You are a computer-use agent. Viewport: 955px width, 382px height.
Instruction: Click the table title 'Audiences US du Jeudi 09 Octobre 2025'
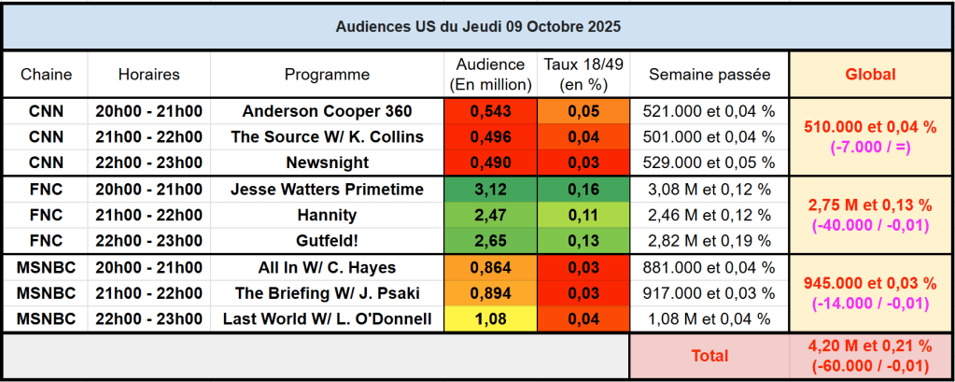[477, 26]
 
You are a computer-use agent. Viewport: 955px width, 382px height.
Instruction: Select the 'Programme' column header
[327, 75]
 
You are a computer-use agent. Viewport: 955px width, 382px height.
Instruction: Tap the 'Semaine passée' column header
[709, 75]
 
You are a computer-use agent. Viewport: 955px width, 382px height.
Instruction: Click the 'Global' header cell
[870, 75]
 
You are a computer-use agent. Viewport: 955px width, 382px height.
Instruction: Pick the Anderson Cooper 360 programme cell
[327, 111]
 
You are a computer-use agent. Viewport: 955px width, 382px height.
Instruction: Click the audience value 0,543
[491, 111]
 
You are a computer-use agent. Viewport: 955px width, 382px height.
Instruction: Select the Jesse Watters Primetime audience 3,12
[491, 190]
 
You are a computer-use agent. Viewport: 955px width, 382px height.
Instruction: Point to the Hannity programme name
[327, 216]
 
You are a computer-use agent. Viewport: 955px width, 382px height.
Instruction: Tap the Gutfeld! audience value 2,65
[491, 242]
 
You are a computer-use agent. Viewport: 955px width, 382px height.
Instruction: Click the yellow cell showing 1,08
[491, 319]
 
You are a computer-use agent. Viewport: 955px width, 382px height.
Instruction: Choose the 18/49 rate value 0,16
[583, 190]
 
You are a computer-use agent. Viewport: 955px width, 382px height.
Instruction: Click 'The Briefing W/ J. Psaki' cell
[327, 293]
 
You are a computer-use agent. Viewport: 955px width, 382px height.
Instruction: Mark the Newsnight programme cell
[327, 163]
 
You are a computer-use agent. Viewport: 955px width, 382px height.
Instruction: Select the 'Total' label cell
[709, 356]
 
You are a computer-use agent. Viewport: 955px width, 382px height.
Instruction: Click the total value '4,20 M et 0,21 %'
[870, 347]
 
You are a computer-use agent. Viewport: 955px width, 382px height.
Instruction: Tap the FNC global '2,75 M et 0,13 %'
[870, 204]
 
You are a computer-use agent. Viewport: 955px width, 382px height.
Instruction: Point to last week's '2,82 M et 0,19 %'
[709, 242]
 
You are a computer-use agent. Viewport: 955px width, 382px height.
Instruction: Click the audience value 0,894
[491, 293]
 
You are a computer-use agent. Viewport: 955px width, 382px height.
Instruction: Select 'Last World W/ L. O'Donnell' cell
[327, 319]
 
